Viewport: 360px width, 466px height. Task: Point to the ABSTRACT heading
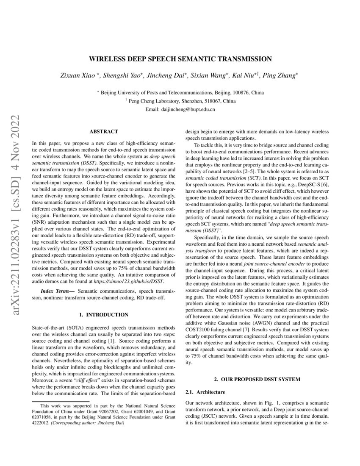104,132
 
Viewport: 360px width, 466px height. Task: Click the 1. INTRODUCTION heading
104,315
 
